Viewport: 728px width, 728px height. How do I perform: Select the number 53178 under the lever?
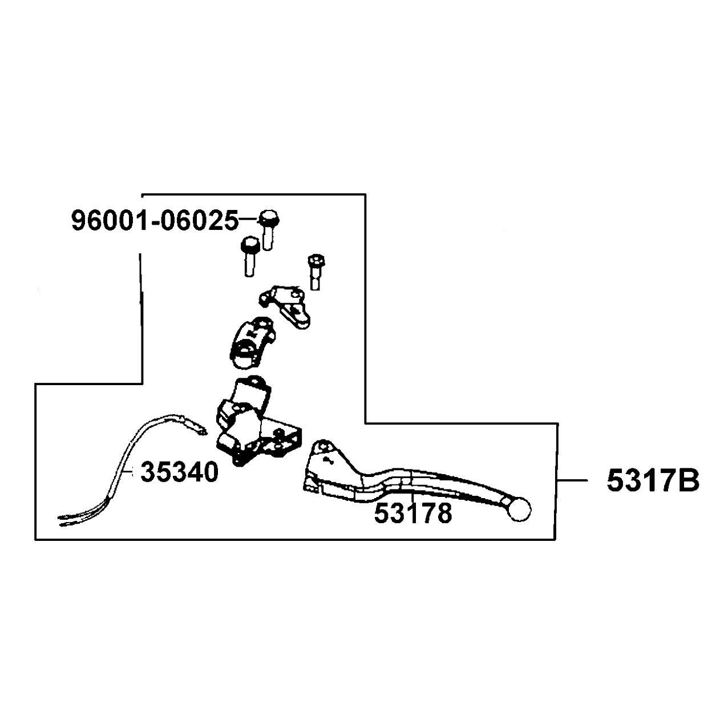coord(412,513)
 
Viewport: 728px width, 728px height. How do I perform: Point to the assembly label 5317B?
coord(653,482)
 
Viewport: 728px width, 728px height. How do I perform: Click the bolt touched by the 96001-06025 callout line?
coord(268,229)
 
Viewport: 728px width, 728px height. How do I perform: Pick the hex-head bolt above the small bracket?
coord(317,272)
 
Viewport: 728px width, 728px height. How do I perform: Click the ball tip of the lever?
coord(520,509)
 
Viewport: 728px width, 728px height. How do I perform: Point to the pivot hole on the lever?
coord(322,448)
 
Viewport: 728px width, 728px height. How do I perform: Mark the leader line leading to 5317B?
coord(572,480)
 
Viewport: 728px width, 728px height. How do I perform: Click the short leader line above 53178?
coord(413,497)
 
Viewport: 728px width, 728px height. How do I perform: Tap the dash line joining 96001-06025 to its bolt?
coord(249,219)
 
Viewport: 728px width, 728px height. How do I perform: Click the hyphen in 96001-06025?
coord(154,222)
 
